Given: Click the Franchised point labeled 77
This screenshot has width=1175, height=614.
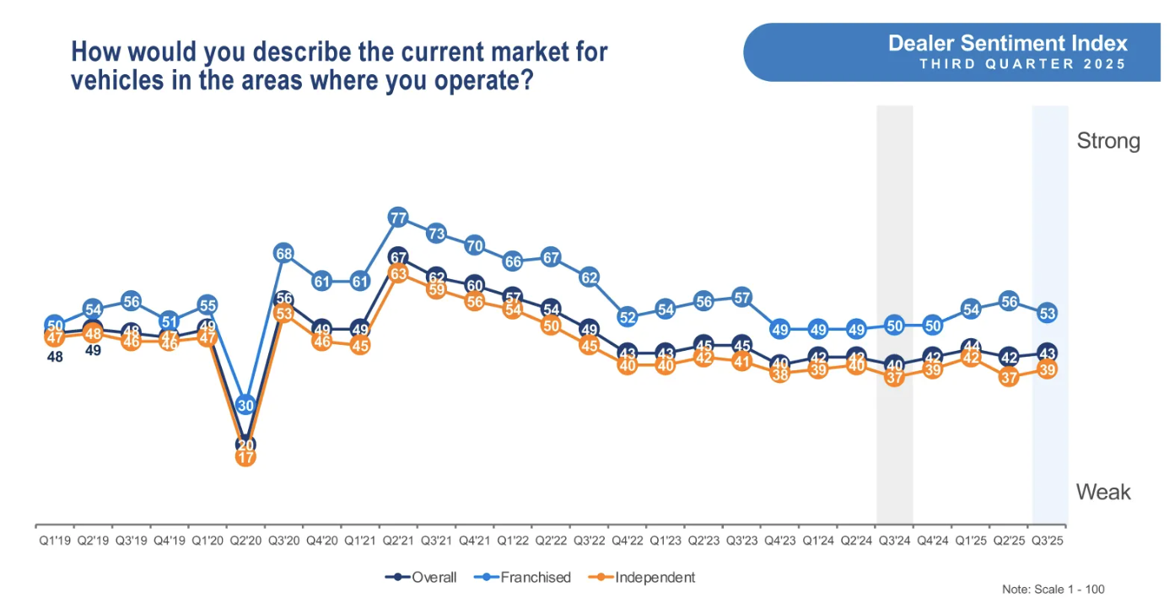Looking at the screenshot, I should (x=398, y=218).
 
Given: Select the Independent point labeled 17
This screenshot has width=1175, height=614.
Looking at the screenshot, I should (x=245, y=457).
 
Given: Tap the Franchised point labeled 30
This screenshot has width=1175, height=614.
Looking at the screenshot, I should (x=245, y=405).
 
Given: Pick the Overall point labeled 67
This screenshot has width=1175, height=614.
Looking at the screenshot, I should (x=398, y=257).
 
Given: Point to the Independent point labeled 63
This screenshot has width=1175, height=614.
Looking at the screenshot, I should (x=398, y=273).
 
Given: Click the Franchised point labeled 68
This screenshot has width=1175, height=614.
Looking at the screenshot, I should (x=283, y=253).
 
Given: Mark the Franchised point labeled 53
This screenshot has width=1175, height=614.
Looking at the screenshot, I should (x=1048, y=313).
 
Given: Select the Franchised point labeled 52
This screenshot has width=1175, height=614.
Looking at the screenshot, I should (x=627, y=317).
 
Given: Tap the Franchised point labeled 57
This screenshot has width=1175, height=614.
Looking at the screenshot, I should (x=741, y=297).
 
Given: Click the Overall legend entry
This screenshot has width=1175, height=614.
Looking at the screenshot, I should (x=422, y=578).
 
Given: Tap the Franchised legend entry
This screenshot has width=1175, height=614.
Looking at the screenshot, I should (x=524, y=578).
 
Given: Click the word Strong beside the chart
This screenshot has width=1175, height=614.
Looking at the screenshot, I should (x=1108, y=141).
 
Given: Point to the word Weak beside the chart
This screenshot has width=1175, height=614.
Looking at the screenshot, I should (x=1102, y=493).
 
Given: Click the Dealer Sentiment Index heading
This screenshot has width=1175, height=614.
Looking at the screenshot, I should (x=1007, y=44).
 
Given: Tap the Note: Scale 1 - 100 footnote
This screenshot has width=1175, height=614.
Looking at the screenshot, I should (x=1053, y=590).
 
